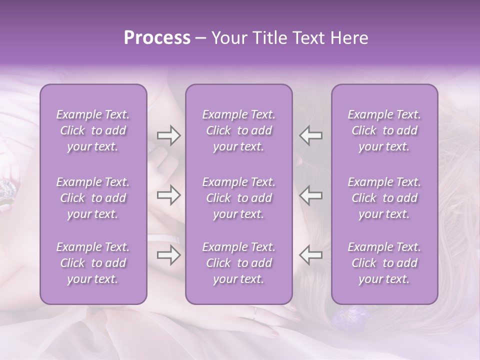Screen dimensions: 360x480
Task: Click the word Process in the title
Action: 157,38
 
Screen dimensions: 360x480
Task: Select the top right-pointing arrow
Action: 169,135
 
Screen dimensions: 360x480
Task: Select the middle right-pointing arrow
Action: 169,195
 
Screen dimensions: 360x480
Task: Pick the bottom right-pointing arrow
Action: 169,255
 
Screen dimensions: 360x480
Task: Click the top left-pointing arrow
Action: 310,135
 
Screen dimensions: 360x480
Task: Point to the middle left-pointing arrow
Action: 310,195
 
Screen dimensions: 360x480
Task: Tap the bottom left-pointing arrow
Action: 310,255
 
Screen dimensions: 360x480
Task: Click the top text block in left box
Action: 93,130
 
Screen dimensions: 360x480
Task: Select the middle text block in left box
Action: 93,198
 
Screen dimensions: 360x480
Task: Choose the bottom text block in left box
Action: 93,263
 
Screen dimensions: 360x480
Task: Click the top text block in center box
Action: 238,130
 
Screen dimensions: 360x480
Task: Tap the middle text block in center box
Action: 238,198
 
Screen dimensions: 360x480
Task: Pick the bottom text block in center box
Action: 238,263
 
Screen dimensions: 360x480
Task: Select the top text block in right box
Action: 384,130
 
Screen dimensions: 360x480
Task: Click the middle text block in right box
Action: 384,198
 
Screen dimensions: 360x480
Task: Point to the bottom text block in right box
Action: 384,263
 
